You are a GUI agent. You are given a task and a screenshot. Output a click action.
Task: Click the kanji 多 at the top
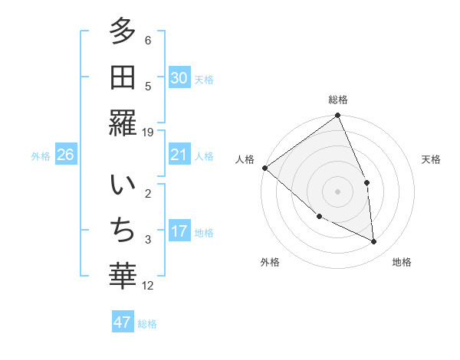pos(123,33)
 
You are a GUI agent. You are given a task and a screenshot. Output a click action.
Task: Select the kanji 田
pos(123,78)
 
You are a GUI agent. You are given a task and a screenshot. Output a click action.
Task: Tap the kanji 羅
pos(123,123)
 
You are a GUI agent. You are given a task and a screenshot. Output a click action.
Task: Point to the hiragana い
pos(123,187)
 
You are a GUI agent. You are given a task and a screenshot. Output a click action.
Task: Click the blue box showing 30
pos(179,78)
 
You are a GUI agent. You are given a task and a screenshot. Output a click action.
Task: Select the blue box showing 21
pos(179,155)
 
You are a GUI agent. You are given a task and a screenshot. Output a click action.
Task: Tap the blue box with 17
pos(179,232)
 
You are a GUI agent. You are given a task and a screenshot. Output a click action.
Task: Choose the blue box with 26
pos(65,155)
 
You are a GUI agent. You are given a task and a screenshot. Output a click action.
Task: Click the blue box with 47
pos(123,322)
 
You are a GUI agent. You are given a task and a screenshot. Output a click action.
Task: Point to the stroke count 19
pos(148,133)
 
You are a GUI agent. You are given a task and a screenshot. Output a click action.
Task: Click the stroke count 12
pos(148,286)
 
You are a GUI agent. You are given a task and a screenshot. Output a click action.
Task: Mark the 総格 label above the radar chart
pos(338,100)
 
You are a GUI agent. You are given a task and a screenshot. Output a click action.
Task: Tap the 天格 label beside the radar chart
pos(432,160)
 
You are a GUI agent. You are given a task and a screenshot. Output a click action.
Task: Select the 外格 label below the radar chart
pos(269,263)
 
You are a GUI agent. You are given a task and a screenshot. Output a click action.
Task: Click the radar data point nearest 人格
pos(264,168)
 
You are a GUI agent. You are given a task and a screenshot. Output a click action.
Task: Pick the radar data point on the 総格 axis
pos(338,116)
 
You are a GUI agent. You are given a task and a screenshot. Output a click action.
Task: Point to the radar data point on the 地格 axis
pos(374,241)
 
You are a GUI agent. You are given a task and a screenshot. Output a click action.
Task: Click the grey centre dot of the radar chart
pos(338,191)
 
